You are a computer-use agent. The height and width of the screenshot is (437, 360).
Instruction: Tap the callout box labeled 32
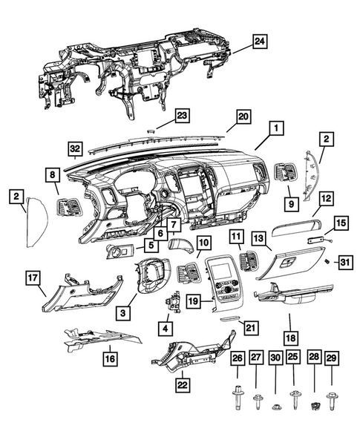click(x=74, y=148)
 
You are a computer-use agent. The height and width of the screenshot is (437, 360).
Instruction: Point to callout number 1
click(x=275, y=128)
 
